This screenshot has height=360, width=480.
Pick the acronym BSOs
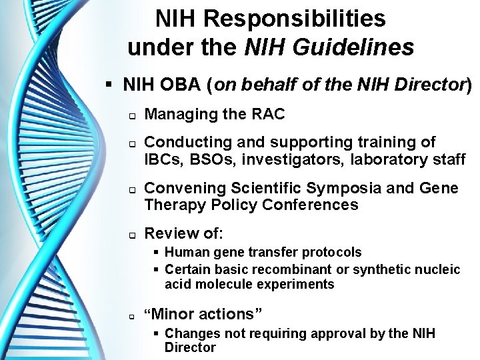(x=219, y=159)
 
